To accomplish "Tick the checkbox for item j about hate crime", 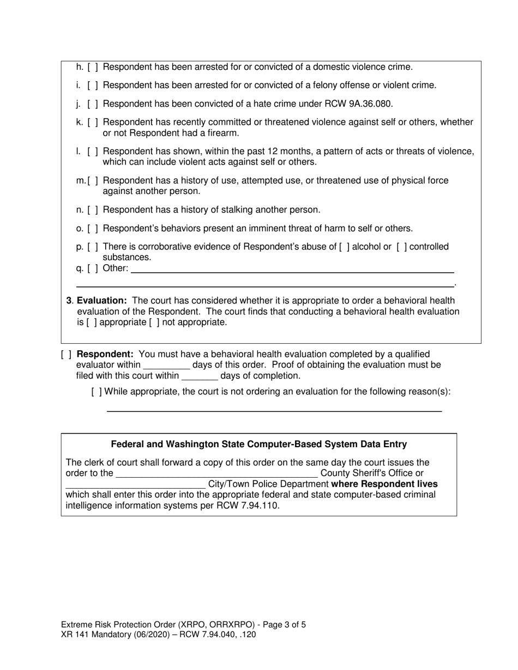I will (93, 103).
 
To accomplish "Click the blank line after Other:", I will (292, 269).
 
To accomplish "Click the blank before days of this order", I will (166, 366).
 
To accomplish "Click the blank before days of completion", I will (200, 377).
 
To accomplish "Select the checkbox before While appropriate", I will (97, 392).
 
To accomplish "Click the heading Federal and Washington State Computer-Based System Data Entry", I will (258, 444).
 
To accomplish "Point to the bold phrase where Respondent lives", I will (384, 484).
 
